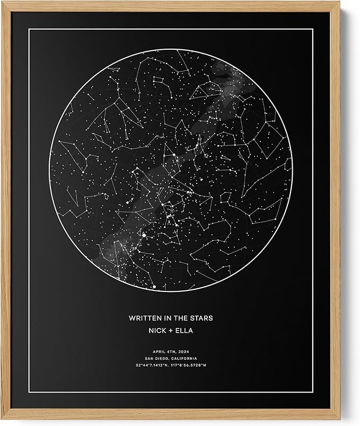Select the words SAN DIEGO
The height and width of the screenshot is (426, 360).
point(152,358)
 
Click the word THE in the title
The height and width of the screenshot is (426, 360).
point(179,318)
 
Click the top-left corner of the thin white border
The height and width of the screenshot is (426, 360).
point(30,30)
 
